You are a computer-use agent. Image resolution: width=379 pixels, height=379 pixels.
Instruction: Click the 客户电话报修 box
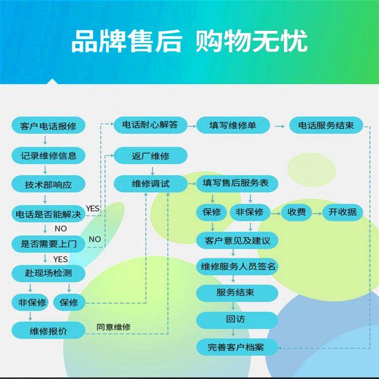click(49, 125)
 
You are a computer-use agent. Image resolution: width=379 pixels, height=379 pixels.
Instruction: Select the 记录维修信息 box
click(49, 156)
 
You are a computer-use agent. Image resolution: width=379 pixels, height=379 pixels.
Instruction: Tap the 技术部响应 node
click(49, 184)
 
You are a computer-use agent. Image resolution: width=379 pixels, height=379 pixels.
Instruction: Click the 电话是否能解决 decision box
click(49, 214)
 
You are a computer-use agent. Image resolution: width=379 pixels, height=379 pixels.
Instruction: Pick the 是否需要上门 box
click(49, 244)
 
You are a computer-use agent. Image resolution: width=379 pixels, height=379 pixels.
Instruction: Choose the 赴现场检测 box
click(49, 273)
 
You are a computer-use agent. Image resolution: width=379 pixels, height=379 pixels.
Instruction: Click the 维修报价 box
click(49, 330)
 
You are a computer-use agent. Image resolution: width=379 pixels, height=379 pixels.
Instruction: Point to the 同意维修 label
click(114, 327)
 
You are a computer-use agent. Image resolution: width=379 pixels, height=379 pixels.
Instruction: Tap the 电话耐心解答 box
click(151, 125)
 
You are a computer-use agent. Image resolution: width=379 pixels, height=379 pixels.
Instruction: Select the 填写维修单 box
click(233, 125)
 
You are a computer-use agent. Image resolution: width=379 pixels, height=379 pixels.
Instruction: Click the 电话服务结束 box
click(326, 125)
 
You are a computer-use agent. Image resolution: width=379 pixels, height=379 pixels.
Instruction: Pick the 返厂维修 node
click(151, 156)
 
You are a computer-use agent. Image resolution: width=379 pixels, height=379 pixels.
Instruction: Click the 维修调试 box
click(151, 184)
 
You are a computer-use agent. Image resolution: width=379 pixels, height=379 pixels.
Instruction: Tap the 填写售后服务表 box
click(237, 183)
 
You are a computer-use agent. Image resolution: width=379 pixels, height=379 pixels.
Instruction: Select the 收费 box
click(296, 212)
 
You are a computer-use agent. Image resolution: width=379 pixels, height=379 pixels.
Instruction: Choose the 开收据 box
click(343, 212)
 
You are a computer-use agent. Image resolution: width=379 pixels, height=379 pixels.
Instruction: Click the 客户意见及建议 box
click(237, 241)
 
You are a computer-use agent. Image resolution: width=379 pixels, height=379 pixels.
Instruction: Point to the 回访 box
click(237, 320)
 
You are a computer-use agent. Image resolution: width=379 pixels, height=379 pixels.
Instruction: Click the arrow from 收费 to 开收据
click(317, 214)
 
